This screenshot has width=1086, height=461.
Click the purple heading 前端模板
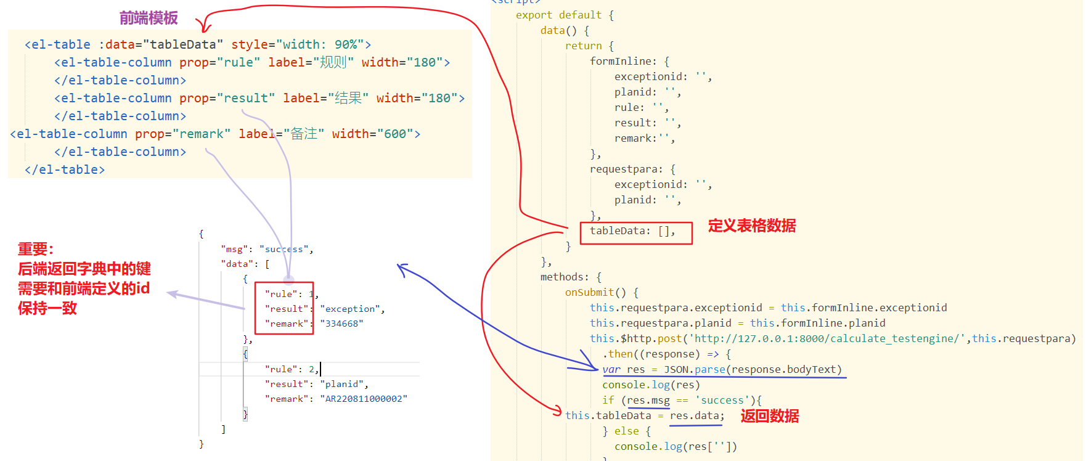pyautogui.click(x=149, y=18)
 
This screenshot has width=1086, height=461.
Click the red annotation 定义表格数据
pyautogui.click(x=751, y=226)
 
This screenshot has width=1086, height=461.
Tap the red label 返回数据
pyautogui.click(x=769, y=416)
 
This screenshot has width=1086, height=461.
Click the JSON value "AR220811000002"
pyautogui.click(x=363, y=399)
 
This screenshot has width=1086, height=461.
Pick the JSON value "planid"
pyautogui.click(x=343, y=384)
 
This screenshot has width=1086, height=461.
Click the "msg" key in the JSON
pyautogui.click(x=234, y=249)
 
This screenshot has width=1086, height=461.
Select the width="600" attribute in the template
pyautogui.click(x=375, y=134)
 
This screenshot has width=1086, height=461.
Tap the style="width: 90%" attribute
pyautogui.click(x=301, y=44)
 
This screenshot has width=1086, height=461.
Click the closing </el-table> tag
pyautogui.click(x=65, y=169)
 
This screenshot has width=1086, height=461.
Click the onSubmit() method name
pyautogui.click(x=595, y=292)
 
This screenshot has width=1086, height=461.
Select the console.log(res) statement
pyautogui.click(x=651, y=385)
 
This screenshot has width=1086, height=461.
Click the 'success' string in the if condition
pyautogui.click(x=722, y=400)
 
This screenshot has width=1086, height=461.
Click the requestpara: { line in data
pyautogui.click(x=632, y=169)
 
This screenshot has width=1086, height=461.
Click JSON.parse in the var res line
pyautogui.click(x=694, y=369)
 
